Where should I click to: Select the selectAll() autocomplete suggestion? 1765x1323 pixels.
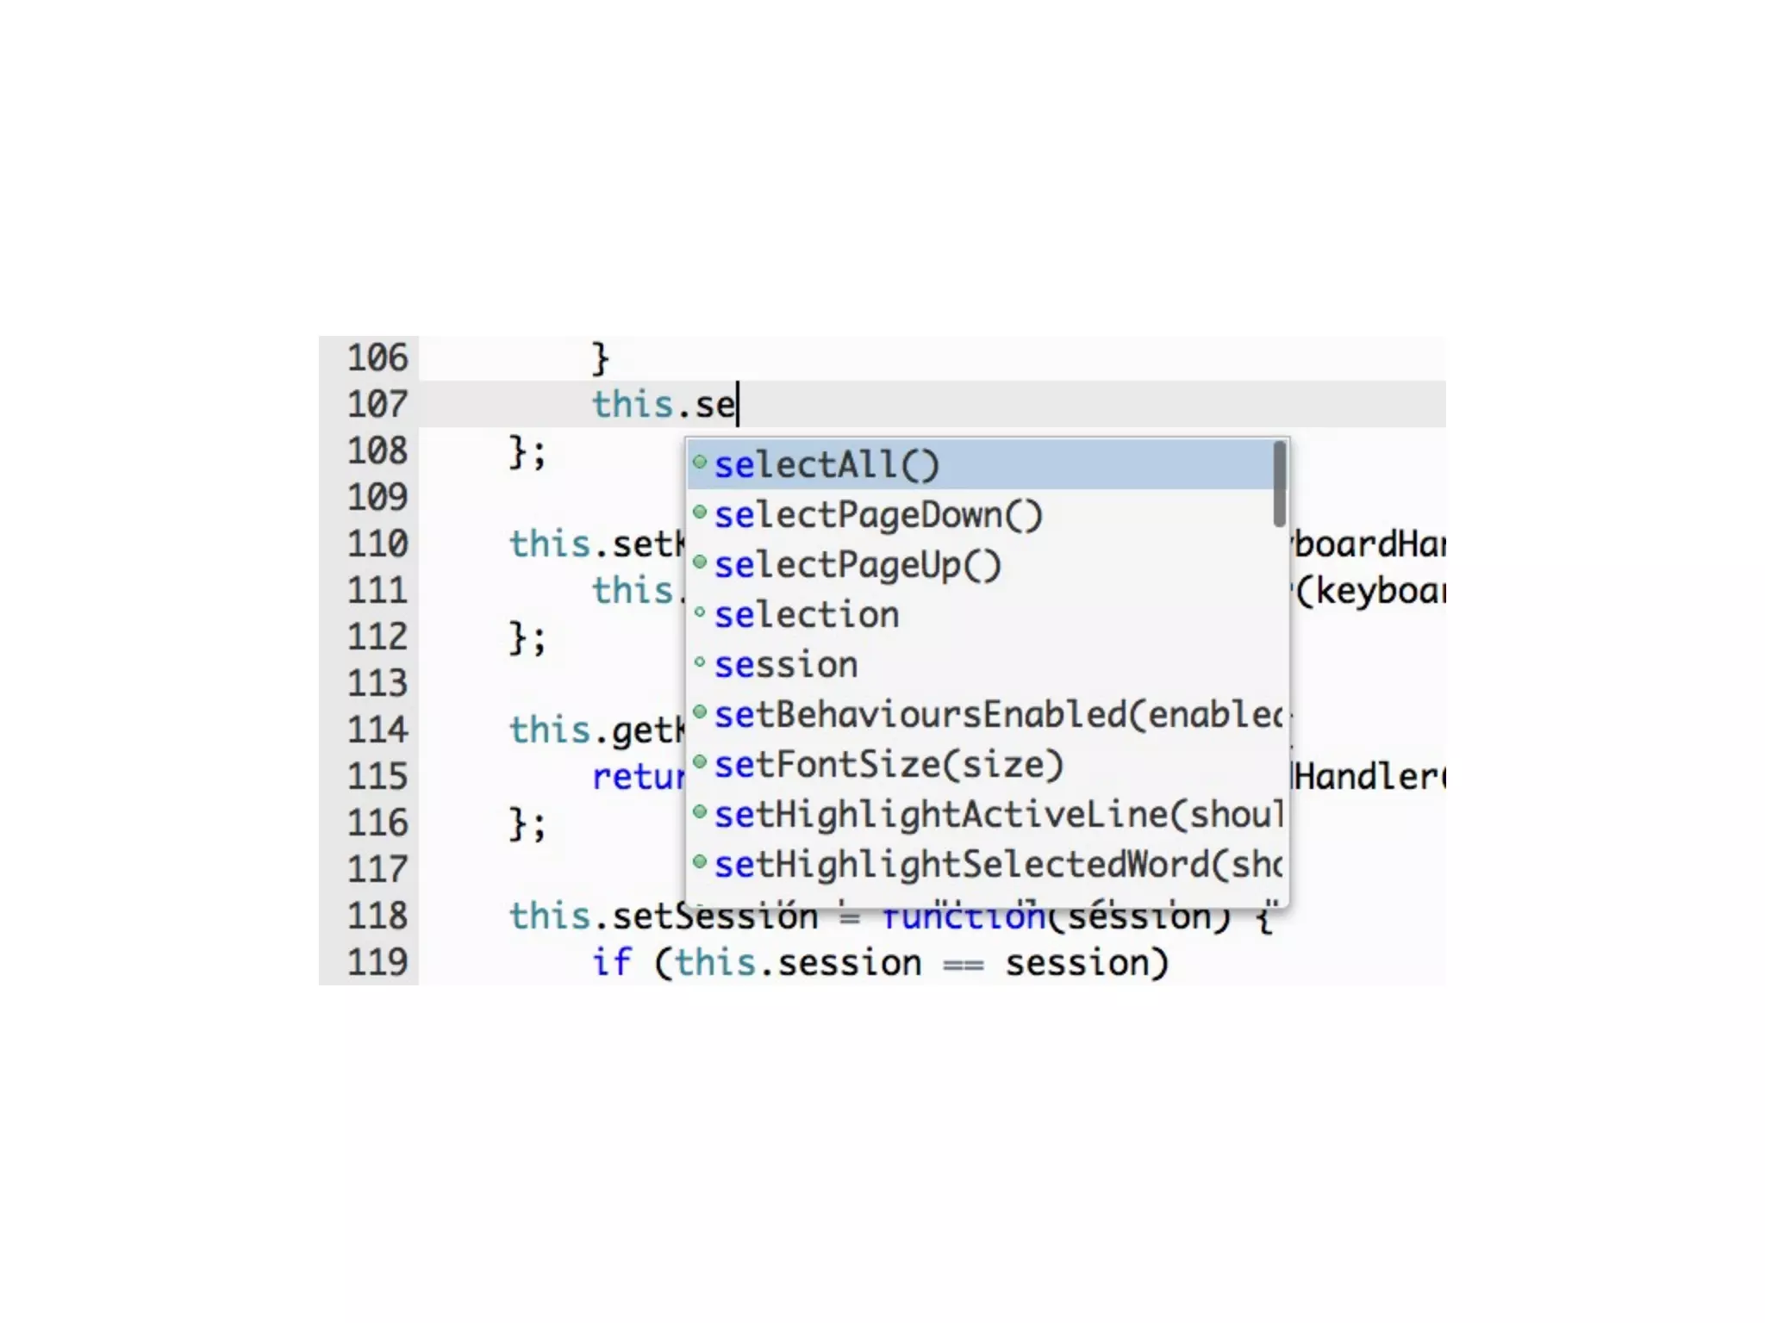coord(826,465)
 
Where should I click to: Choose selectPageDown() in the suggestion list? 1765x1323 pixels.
coord(877,515)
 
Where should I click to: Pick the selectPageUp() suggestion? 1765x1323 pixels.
coord(857,565)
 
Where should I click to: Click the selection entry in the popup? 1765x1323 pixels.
coord(806,615)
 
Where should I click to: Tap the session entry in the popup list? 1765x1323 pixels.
coord(785,665)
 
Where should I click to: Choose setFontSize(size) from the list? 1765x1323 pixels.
coord(888,765)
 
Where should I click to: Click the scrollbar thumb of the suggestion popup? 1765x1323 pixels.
coord(1279,483)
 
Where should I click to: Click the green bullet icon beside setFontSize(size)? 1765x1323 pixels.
coord(700,762)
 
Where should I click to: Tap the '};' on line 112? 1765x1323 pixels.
coord(527,638)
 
